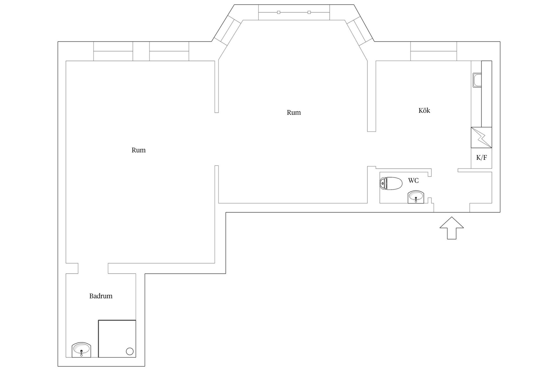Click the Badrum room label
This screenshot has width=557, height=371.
coord(101,296)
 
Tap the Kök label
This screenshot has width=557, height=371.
coord(424,110)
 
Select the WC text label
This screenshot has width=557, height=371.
coord(413,181)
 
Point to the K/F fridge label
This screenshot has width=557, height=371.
coord(482,158)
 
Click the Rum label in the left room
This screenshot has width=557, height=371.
coord(139,150)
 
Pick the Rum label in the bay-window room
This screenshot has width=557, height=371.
coord(294,112)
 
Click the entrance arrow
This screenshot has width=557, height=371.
coord(451,228)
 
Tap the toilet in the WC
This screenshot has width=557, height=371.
coord(391,183)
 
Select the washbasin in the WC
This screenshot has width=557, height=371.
coord(416,197)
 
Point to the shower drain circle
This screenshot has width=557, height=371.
coord(130,351)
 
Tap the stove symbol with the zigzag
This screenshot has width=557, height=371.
coord(481,137)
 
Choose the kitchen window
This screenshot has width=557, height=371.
coord(434,51)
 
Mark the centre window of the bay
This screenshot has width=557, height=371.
coord(294,12)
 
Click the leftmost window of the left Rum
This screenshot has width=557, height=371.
coord(113,51)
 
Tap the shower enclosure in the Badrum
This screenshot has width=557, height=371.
coord(117,339)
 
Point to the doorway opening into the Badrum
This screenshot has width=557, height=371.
coord(93,268)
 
